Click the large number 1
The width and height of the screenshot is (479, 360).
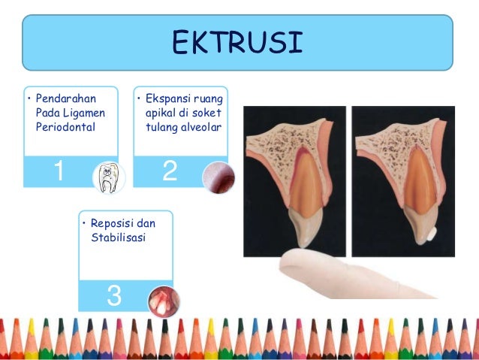[x=57, y=172]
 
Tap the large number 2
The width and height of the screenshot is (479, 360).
[x=170, y=172]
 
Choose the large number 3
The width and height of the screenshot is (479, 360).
[x=114, y=295]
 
